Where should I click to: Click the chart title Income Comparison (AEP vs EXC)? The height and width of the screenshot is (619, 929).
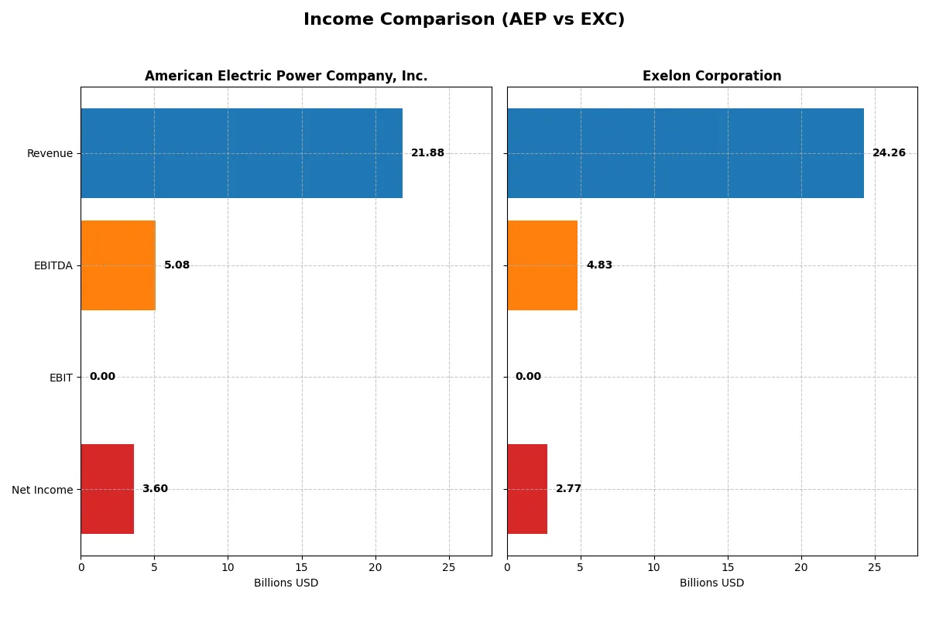click(x=464, y=20)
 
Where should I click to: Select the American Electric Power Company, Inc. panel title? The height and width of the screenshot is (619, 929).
click(x=286, y=76)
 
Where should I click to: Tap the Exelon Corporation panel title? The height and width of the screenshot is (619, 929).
click(x=711, y=76)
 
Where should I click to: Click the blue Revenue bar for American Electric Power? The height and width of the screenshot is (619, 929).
click(x=242, y=153)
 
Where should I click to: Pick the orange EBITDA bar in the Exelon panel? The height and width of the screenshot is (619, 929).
click(x=542, y=265)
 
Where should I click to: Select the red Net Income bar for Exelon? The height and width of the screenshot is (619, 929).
click(x=527, y=489)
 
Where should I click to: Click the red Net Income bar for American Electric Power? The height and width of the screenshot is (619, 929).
click(x=107, y=489)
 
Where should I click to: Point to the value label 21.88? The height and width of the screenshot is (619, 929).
click(x=427, y=153)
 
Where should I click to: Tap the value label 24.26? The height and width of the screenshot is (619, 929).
click(x=889, y=153)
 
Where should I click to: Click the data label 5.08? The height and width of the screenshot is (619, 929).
click(x=177, y=265)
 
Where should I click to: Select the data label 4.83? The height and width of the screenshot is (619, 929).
click(x=599, y=265)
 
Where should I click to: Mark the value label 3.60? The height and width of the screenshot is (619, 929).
click(x=155, y=489)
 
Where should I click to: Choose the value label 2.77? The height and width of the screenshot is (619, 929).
click(x=568, y=489)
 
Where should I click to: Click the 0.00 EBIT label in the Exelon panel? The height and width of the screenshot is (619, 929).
click(x=528, y=377)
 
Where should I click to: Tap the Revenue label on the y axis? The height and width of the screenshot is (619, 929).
click(x=50, y=153)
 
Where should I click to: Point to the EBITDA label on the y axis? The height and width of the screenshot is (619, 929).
click(x=53, y=265)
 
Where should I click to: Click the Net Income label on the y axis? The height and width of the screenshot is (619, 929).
click(x=42, y=490)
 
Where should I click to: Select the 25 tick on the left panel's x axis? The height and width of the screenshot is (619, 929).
click(x=449, y=567)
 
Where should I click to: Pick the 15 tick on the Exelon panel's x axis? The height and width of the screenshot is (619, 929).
click(x=728, y=567)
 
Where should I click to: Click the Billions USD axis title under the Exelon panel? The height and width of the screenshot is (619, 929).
click(x=711, y=583)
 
